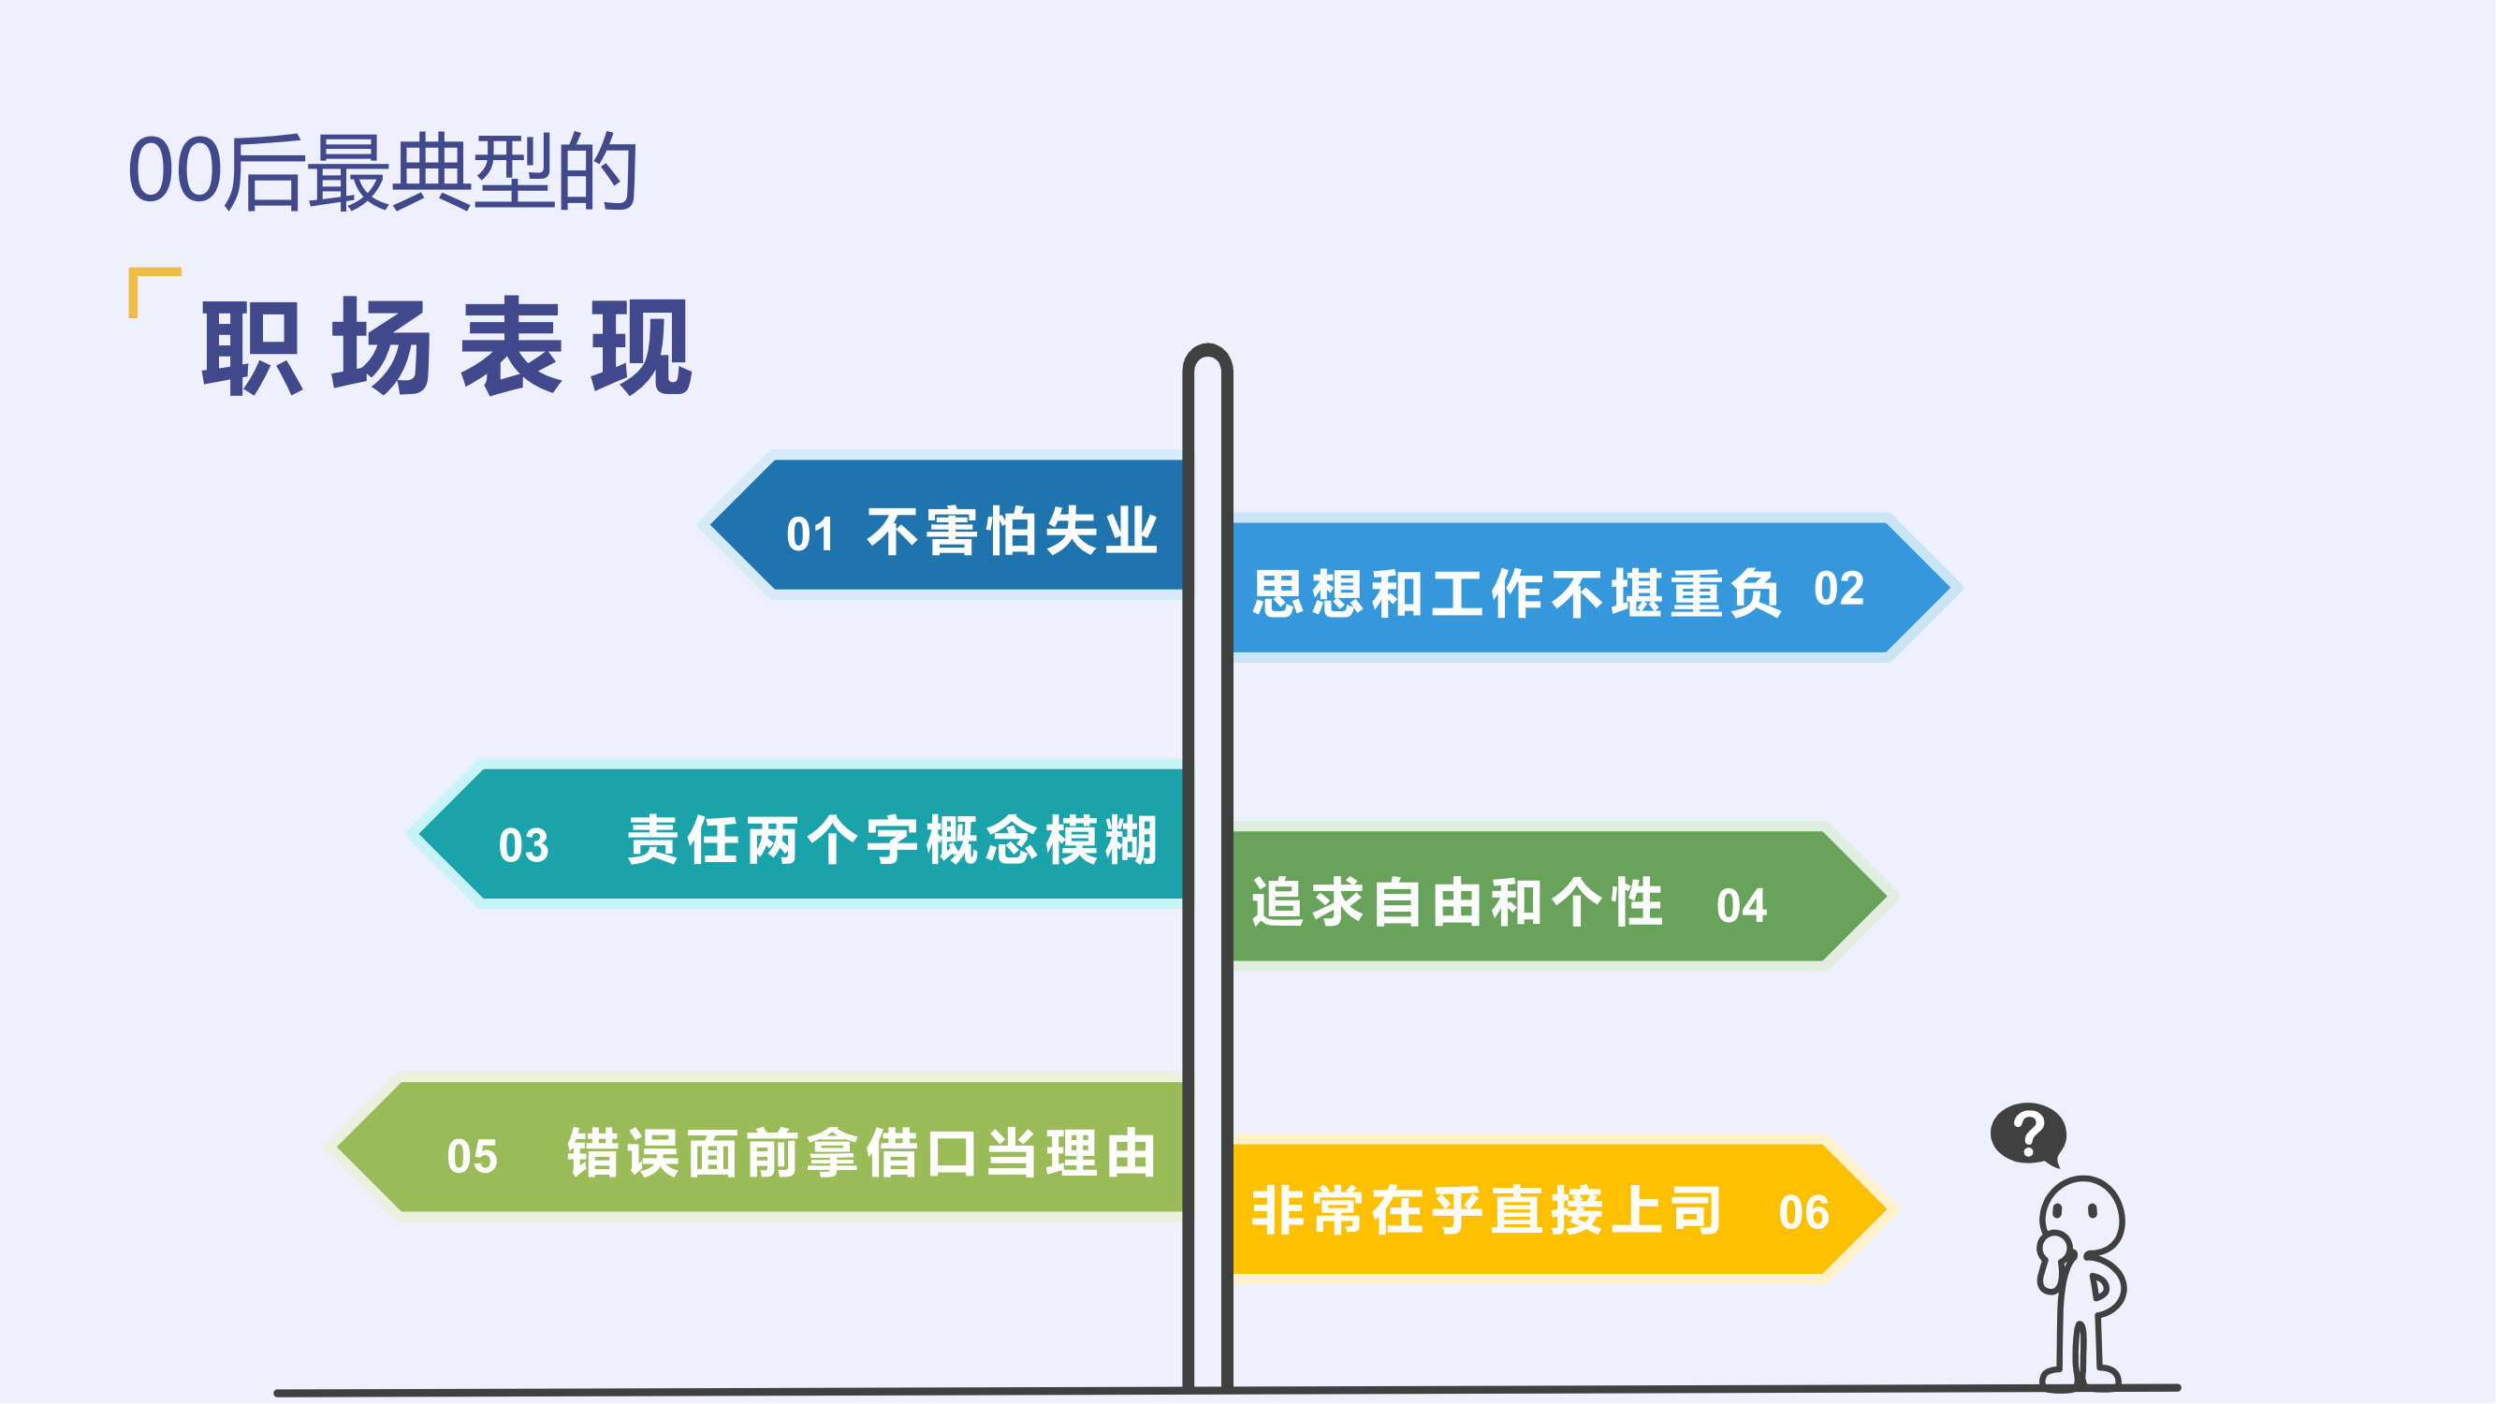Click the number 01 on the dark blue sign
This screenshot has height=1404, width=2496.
pyautogui.click(x=810, y=534)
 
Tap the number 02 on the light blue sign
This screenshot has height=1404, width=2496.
pyautogui.click(x=1839, y=589)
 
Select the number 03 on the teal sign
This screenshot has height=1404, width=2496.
pyautogui.click(x=523, y=846)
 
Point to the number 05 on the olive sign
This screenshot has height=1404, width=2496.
pyautogui.click(x=472, y=1157)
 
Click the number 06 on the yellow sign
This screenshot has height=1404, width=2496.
pyautogui.click(x=1803, y=1213)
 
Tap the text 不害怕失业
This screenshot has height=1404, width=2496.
pyautogui.click(x=1012, y=532)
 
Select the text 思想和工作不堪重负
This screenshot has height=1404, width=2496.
pyautogui.click(x=1515, y=593)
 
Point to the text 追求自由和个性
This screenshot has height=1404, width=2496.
pyautogui.click(x=1456, y=903)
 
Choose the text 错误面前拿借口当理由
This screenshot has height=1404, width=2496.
pyautogui.click(x=861, y=1154)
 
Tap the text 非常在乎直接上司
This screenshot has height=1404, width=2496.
pyautogui.click(x=1485, y=1211)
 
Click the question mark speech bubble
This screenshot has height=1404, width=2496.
pyautogui.click(x=2028, y=1133)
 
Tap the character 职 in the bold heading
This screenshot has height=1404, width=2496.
pyautogui.click(x=251, y=348)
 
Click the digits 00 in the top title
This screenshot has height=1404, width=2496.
pyautogui.click(x=175, y=170)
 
